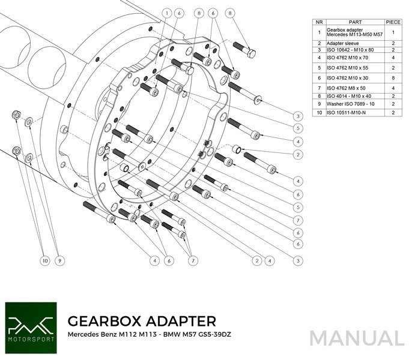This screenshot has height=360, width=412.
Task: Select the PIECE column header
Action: [393, 22]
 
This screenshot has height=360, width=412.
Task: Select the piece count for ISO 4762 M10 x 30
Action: [393, 77]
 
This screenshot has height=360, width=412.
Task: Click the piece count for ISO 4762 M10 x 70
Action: [393, 58]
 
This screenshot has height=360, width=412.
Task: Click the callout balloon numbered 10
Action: [44, 260]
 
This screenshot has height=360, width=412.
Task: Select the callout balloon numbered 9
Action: [59, 260]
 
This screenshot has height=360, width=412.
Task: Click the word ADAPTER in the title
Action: [181, 320]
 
